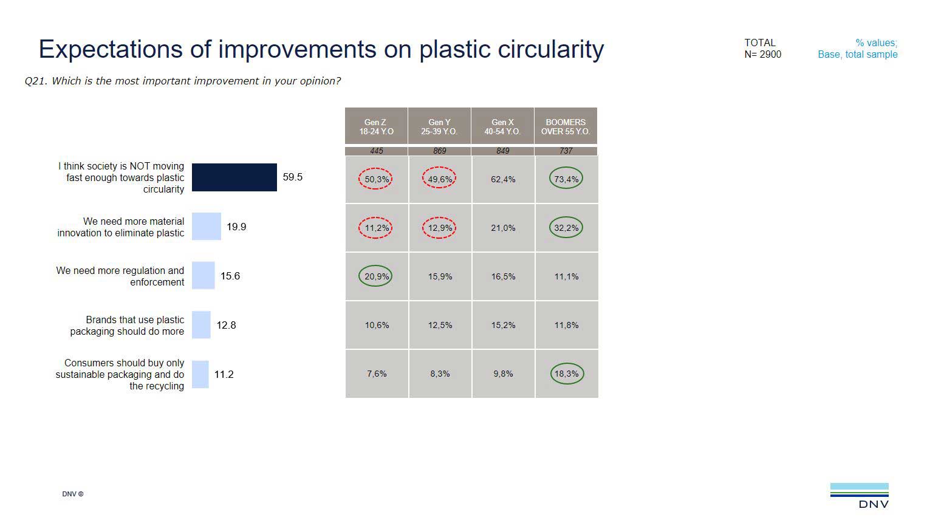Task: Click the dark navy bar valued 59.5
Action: tap(234, 177)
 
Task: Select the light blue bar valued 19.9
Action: tap(207, 227)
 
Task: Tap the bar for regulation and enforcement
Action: tap(203, 276)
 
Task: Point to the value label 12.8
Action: tap(226, 326)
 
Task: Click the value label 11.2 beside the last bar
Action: tap(224, 375)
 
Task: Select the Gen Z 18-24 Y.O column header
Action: tap(376, 126)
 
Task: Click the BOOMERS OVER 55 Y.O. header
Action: tap(566, 126)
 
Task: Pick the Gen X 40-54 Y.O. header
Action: tap(502, 126)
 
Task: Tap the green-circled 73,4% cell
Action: tap(566, 179)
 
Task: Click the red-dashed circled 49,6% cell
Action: tap(439, 179)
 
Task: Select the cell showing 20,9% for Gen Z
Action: tap(376, 276)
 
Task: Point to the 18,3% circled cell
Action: tap(566, 374)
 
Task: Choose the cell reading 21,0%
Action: tap(503, 228)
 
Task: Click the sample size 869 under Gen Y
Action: tap(439, 151)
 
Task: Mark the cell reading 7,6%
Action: tap(377, 374)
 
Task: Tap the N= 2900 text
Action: tap(762, 55)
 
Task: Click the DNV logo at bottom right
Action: tap(859, 495)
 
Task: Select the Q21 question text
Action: tap(182, 81)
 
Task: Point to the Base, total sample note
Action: tap(857, 55)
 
